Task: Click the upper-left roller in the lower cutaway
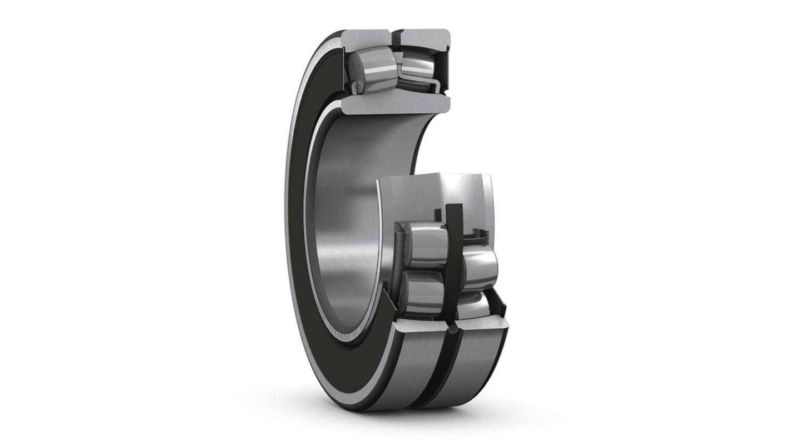tap(426, 244)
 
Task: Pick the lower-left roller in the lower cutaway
tap(423, 292)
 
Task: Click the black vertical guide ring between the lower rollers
tap(453, 262)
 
